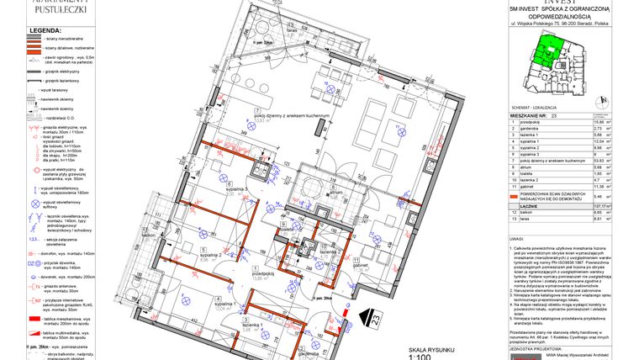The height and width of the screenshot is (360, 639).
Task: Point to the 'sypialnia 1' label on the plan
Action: pyautogui.click(x=226, y=304)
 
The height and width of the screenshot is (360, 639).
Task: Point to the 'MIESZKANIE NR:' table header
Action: pyautogui.click(x=531, y=115)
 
